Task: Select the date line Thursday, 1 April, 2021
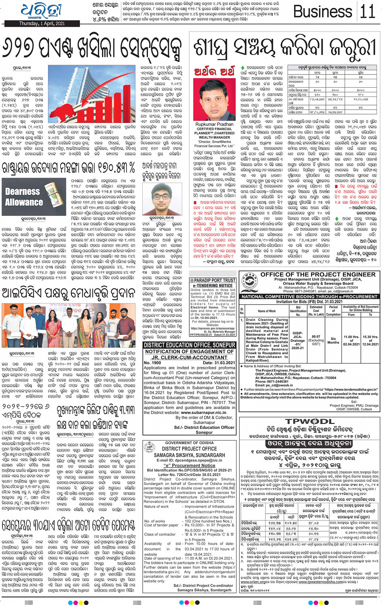tap(42, 23)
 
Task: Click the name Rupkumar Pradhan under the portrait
tap(214, 124)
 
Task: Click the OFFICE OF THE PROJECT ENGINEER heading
tap(318, 274)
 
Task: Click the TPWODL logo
tap(315, 422)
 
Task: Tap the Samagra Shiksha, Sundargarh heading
tap(189, 455)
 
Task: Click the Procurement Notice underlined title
tap(189, 465)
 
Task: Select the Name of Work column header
tap(267, 311)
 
